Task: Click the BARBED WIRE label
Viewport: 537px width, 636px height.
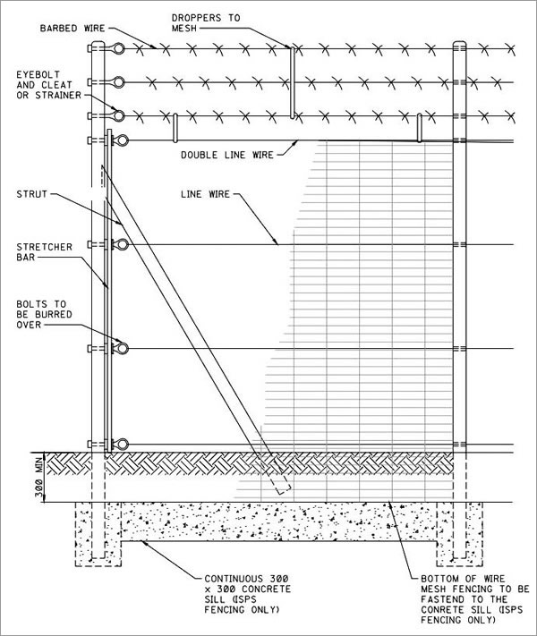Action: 72,29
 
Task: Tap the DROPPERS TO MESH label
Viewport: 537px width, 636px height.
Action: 206,23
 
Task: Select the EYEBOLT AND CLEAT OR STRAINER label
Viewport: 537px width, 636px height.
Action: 48,85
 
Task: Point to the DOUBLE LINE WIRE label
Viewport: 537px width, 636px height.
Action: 227,155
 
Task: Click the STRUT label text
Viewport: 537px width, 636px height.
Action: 31,194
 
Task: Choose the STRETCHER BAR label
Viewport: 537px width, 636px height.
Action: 44,252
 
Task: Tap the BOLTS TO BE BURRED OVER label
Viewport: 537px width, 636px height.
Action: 44,314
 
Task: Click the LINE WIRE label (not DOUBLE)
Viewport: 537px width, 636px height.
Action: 205,194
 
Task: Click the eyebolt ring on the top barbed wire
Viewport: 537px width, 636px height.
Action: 118,48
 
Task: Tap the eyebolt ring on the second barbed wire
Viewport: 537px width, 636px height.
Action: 118,82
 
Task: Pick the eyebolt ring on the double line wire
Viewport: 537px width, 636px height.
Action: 123,140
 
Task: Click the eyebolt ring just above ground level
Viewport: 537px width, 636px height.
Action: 123,445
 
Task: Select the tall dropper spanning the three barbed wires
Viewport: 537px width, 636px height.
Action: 292,82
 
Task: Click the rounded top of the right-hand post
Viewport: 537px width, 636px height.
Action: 459,42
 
